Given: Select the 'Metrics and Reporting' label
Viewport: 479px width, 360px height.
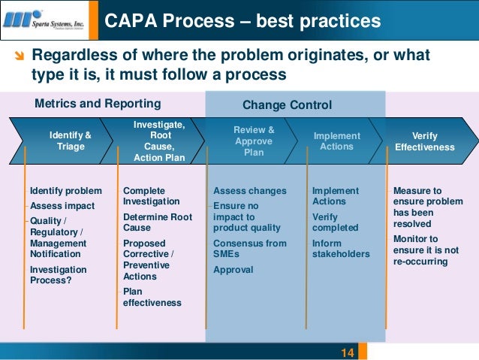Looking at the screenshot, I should pyautogui.click(x=98, y=103).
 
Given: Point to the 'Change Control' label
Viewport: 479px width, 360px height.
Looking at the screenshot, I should pyautogui.click(x=287, y=105).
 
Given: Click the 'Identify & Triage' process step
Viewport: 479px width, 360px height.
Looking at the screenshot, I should pyautogui.click(x=71, y=141).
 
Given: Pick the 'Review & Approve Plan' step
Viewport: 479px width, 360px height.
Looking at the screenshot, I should pyautogui.click(x=254, y=141).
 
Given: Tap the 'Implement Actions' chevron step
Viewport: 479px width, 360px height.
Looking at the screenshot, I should pyautogui.click(x=336, y=141).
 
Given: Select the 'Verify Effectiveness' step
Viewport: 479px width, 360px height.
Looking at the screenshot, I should pyautogui.click(x=425, y=141).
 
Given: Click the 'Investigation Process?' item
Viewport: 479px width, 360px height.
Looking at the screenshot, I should pyautogui.click(x=58, y=275).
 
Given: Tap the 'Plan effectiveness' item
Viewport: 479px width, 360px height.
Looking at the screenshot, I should pyautogui.click(x=152, y=297).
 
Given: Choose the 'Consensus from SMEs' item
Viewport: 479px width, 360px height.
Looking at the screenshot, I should pyautogui.click(x=249, y=249).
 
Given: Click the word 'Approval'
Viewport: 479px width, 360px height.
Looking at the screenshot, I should pyautogui.click(x=233, y=270).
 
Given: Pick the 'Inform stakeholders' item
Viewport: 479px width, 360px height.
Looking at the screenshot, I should pyautogui.click(x=340, y=249).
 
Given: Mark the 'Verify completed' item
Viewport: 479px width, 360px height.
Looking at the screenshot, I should pyautogui.click(x=335, y=222).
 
